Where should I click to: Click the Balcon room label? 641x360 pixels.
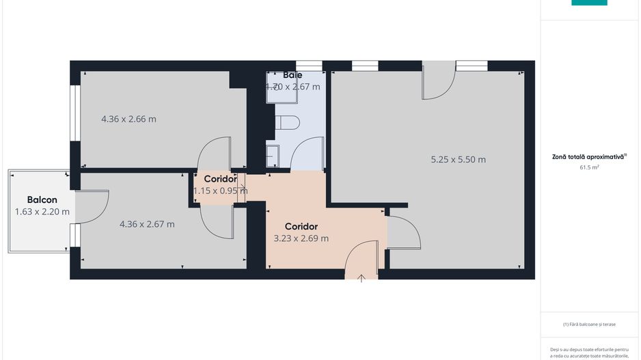[x=42, y=199]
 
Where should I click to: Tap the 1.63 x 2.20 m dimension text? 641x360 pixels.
[x=42, y=212]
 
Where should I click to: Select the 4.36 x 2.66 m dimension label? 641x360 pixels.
[x=128, y=119]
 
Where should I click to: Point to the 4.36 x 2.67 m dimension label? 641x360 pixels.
[x=147, y=224]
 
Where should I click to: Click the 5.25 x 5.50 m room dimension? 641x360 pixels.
[x=458, y=160]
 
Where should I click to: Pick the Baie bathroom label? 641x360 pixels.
[x=292, y=75]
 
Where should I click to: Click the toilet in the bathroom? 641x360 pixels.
[x=287, y=124]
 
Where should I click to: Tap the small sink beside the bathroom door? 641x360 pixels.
[x=272, y=156]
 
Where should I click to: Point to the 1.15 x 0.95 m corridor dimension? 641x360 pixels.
[x=220, y=191]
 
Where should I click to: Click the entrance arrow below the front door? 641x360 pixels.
[x=362, y=277]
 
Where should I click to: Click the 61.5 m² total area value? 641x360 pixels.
[x=589, y=167]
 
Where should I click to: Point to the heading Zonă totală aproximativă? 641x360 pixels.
[x=588, y=156]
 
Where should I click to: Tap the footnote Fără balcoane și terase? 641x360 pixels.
[x=589, y=324]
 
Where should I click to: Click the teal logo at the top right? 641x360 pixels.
[x=589, y=3]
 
